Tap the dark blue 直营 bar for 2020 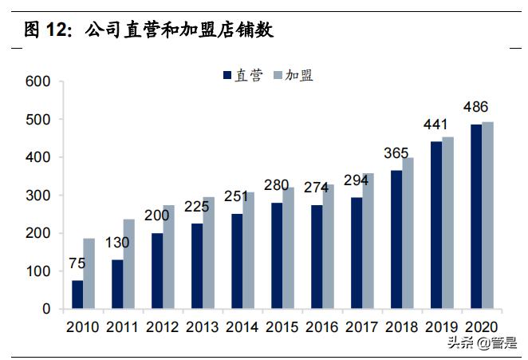(476, 216)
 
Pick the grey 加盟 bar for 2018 (408, 233)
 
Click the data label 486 (476, 107)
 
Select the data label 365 (396, 154)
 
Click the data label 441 (435, 125)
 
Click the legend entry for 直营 (242, 76)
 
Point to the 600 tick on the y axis (37, 81)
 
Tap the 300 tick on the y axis (37, 196)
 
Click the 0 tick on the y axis (45, 310)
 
